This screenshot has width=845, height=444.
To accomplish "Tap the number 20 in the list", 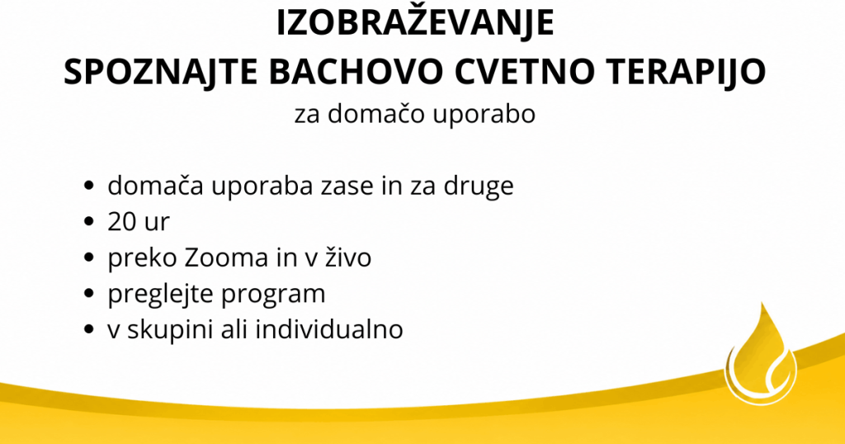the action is [123, 221].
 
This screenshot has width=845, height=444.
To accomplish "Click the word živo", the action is [348, 257].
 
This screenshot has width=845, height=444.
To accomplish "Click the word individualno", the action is [328, 328].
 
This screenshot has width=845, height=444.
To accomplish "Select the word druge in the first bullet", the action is [479, 187].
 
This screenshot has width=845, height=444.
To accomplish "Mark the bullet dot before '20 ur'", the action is [89, 222].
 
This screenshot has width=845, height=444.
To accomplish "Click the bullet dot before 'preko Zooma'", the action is [89, 257].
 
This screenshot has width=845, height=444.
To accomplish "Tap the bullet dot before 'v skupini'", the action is [89, 330].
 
